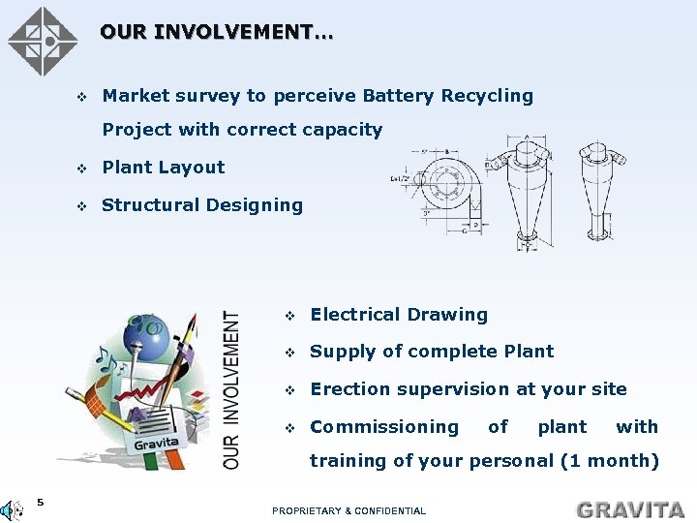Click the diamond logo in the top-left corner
pos(42,42)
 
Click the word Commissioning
pos(383,427)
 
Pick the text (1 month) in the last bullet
pos(610,461)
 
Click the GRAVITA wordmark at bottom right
pos(630,509)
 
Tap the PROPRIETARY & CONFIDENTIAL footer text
pos(348,510)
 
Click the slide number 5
pos(40,502)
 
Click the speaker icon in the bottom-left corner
pos(12,509)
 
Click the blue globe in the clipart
pos(154,331)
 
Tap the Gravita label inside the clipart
pos(156,443)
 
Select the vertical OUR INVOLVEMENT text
pos(232,389)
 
